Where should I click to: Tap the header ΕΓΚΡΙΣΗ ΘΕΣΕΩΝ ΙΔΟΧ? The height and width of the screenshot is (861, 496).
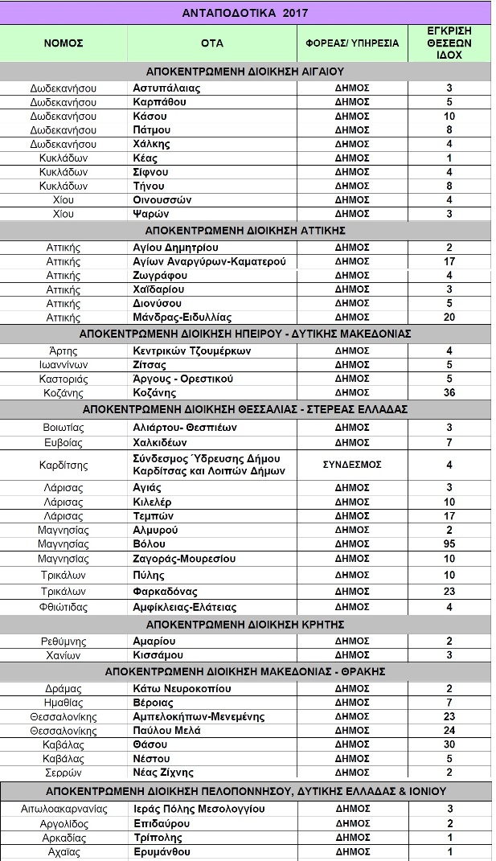tap(449, 43)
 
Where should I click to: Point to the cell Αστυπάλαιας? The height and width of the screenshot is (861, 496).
tap(166, 88)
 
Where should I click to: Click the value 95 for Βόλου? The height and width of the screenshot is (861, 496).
tap(449, 544)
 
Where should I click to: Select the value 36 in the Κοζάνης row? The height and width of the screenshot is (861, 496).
tap(449, 392)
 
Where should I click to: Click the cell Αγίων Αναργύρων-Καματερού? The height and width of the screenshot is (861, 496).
tap(198, 261)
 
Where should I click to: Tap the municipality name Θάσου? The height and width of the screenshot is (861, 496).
tap(150, 744)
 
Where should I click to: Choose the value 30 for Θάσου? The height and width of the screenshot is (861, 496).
tap(449, 744)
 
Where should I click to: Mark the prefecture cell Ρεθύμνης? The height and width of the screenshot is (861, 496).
tap(64, 642)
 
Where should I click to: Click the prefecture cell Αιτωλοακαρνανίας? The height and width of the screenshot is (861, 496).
tap(64, 809)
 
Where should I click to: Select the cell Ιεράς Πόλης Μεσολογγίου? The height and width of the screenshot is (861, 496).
tap(199, 809)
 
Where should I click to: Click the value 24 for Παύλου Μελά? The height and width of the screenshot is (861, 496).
tap(449, 731)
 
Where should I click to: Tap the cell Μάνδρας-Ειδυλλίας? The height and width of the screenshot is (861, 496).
tap(182, 317)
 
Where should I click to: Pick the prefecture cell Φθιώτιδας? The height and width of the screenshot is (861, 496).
tap(64, 607)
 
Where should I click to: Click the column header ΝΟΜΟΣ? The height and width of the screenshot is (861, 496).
tap(64, 43)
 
